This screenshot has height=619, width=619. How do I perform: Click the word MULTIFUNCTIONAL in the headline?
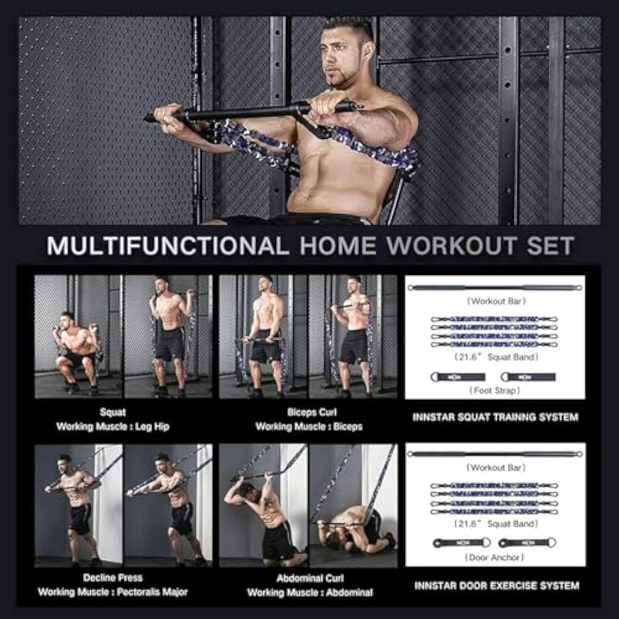167,246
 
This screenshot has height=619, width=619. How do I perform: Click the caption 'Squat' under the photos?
113,412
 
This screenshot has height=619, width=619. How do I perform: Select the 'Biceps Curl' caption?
311,412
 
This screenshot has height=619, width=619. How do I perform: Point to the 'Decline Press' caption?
113,577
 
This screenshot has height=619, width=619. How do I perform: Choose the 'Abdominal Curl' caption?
310,578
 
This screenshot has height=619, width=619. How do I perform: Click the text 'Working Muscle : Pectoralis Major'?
113,591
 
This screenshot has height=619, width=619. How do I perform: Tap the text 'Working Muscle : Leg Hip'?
113,427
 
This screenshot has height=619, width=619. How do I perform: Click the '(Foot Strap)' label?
495,390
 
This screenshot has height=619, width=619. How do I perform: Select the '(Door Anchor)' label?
495,557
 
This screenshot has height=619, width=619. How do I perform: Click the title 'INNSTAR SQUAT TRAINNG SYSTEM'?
495,418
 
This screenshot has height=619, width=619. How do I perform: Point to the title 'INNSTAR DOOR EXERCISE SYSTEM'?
496,586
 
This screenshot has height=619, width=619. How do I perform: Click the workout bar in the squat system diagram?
495,288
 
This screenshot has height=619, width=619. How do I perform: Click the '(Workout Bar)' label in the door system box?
495,468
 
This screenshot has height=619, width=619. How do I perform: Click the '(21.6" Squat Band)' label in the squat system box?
495,357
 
